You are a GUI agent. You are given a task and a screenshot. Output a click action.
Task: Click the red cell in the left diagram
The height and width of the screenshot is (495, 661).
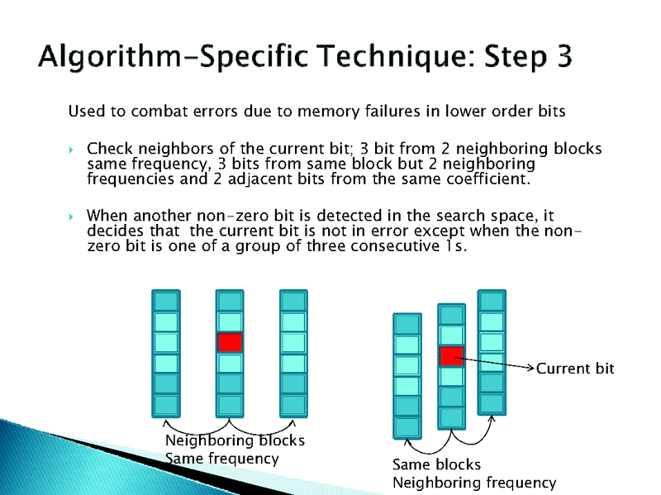(x=230, y=342)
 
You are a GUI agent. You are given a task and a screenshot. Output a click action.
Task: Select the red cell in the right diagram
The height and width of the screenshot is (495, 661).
(x=450, y=356)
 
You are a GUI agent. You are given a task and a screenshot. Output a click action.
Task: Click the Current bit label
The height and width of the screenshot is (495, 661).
(x=575, y=369)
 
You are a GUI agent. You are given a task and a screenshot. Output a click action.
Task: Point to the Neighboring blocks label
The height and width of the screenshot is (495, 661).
(x=235, y=440)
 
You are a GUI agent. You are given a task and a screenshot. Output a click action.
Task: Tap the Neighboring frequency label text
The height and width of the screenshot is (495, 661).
(x=474, y=483)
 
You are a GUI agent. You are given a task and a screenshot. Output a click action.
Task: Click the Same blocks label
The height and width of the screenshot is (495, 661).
(x=436, y=464)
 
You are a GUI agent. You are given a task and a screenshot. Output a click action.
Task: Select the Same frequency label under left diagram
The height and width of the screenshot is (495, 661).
(x=222, y=458)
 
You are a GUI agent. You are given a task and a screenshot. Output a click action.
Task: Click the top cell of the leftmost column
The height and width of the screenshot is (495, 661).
(x=166, y=301)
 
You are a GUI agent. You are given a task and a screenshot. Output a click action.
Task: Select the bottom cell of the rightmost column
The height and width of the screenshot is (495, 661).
(x=492, y=402)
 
